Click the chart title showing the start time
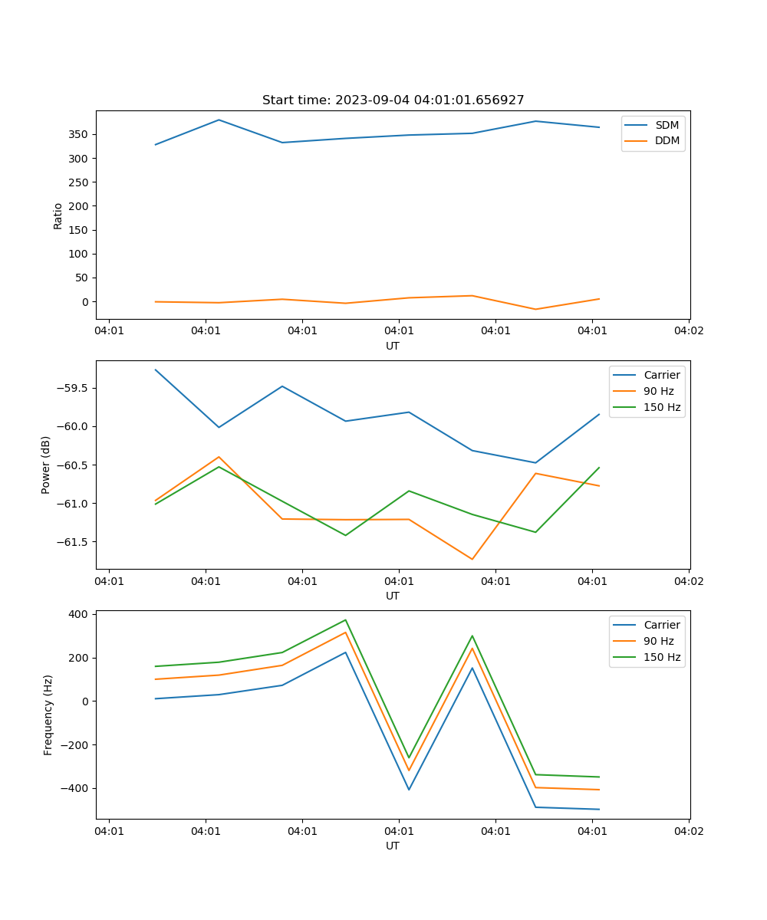(x=393, y=100)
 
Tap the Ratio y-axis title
(x=58, y=215)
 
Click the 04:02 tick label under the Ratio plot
(x=688, y=331)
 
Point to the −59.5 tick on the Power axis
(x=72, y=388)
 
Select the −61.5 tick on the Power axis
(x=72, y=541)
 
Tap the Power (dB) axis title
(x=46, y=465)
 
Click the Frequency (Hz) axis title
(x=48, y=715)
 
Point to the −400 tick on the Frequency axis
(x=76, y=788)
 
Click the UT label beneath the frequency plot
(x=393, y=846)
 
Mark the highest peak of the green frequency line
(x=345, y=620)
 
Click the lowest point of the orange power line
(x=472, y=559)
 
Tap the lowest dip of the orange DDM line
(x=535, y=309)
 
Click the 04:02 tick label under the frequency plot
(x=688, y=831)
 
